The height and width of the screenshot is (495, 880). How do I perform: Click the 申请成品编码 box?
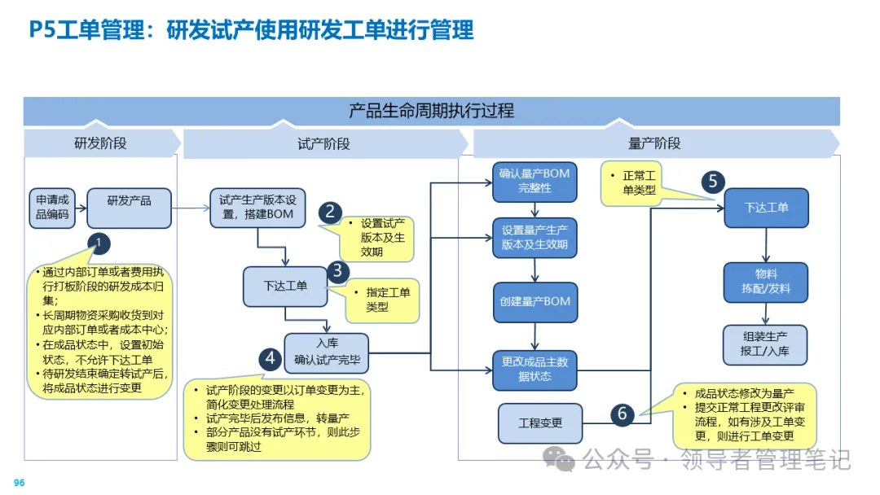coord(53,209)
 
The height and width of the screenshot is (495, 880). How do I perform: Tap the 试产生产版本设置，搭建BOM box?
coord(257,208)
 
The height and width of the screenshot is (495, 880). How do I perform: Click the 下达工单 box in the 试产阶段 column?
coord(285,286)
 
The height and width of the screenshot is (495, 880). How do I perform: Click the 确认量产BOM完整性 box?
coord(535,182)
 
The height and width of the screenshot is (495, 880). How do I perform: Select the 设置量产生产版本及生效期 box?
coord(535,237)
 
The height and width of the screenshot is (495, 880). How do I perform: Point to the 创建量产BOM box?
coord(535,302)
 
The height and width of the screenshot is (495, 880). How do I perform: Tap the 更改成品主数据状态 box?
coord(535,369)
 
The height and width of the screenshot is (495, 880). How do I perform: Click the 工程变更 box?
coord(540,423)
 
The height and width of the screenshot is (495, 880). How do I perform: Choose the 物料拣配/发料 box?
coord(765,282)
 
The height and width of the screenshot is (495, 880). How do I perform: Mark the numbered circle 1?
coord(99,243)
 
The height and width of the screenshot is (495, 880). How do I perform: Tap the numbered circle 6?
coord(622,414)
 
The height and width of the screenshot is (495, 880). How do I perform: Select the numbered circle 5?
coord(713,181)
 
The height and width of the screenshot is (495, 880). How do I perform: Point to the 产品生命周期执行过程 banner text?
coord(431,110)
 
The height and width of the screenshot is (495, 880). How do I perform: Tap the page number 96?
coord(20,483)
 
